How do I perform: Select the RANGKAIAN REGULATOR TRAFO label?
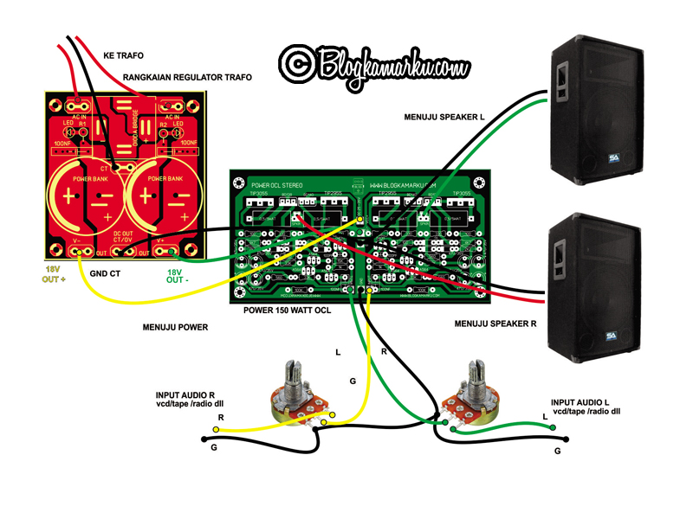click(x=187, y=78)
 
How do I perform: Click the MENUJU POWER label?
click(x=176, y=327)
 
